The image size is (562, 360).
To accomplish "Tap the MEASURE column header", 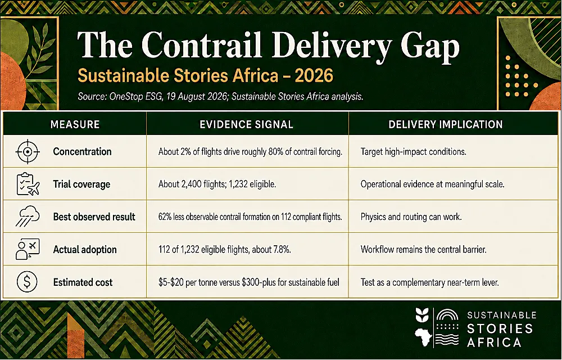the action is coord(75,124).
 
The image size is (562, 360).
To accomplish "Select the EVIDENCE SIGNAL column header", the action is coord(247,124).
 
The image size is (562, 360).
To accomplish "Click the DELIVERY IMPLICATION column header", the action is coord(446,124).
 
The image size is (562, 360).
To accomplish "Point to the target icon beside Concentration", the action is coord(27,152).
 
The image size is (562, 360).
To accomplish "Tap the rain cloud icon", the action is coord(28,217).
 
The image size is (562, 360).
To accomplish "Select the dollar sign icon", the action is coord(27,282).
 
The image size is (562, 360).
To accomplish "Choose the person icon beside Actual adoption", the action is coord(28,249).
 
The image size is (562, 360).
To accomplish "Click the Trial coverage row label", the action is coord(81,184).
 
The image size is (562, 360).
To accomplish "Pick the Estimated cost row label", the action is coord(83,282).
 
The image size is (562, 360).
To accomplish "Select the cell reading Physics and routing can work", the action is coord(411,217).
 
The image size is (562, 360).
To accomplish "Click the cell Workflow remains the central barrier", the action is coord(424,250).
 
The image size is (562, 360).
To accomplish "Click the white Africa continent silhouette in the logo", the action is coord(423,337).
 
